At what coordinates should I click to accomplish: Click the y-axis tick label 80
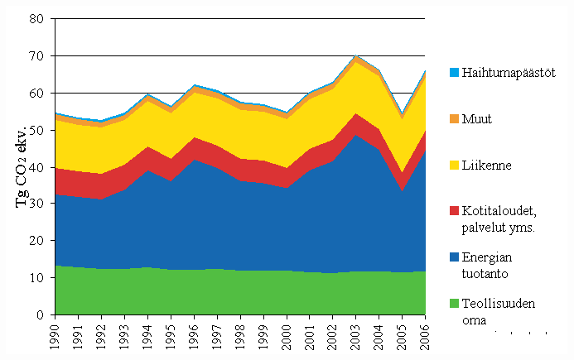click(x=37, y=18)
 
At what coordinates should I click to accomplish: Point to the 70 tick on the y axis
click(x=37, y=55)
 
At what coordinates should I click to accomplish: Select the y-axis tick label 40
click(x=37, y=166)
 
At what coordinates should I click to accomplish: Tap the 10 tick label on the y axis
click(x=37, y=278)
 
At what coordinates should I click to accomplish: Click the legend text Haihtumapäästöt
click(x=509, y=72)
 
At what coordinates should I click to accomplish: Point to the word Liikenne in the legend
click(x=488, y=166)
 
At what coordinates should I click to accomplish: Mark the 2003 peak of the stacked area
click(x=356, y=55)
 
